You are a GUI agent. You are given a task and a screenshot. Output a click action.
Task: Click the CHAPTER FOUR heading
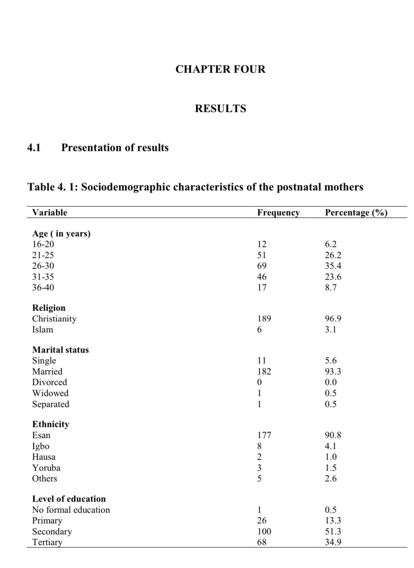tap(220, 69)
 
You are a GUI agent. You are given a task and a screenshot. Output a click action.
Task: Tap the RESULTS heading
tap(220, 109)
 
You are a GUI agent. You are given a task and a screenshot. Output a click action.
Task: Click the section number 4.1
tap(34, 148)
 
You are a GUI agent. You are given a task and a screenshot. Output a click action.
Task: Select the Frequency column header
tap(278, 213)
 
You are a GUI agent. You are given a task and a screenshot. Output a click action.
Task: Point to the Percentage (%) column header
tap(356, 213)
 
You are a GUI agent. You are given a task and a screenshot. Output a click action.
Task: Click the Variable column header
tap(49, 213)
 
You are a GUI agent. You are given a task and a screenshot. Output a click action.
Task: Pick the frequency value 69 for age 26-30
tap(262, 266)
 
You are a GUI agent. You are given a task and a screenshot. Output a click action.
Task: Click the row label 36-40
tap(43, 287)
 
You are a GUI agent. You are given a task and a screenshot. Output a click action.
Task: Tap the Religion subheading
tap(49, 308)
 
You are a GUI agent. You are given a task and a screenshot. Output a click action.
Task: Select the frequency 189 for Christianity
tap(264, 319)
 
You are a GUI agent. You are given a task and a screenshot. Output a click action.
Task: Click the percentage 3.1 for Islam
tap(330, 330)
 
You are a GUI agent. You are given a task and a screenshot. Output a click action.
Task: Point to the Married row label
tap(47, 371)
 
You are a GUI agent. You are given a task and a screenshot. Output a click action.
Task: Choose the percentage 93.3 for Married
tap(333, 371)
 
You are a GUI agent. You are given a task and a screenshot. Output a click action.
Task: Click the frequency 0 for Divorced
tap(259, 382)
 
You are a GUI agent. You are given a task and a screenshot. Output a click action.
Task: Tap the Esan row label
tap(41, 435)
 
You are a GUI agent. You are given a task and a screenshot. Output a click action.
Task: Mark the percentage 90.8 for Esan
tap(333, 435)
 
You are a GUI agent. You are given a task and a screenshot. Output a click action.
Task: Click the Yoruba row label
tap(46, 468)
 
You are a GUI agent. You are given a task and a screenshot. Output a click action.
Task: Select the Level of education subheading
tap(69, 499)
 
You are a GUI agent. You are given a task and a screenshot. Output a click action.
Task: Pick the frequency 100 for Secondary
tap(264, 531)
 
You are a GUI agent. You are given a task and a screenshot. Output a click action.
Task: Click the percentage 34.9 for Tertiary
tap(333, 542)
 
